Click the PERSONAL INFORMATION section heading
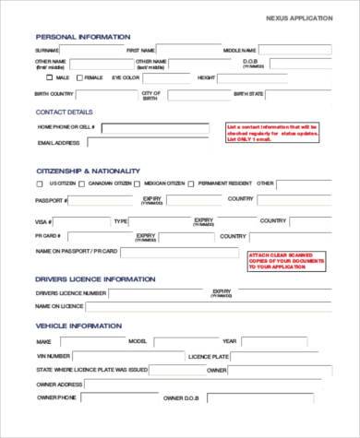(x=83, y=37)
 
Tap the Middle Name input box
(x=295, y=50)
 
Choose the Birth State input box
(x=299, y=94)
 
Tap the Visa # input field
(x=79, y=221)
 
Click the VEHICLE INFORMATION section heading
(x=78, y=326)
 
